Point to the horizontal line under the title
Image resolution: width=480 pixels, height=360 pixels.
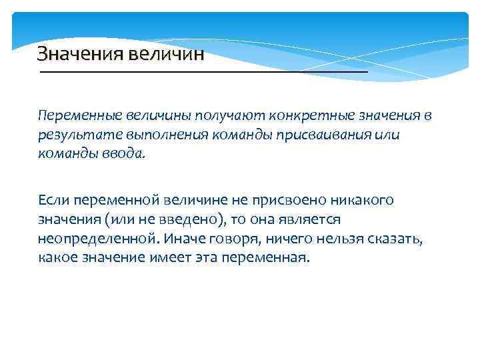point(203,71)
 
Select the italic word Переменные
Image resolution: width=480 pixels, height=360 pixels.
point(77,116)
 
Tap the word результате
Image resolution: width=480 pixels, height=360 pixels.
point(74,135)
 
